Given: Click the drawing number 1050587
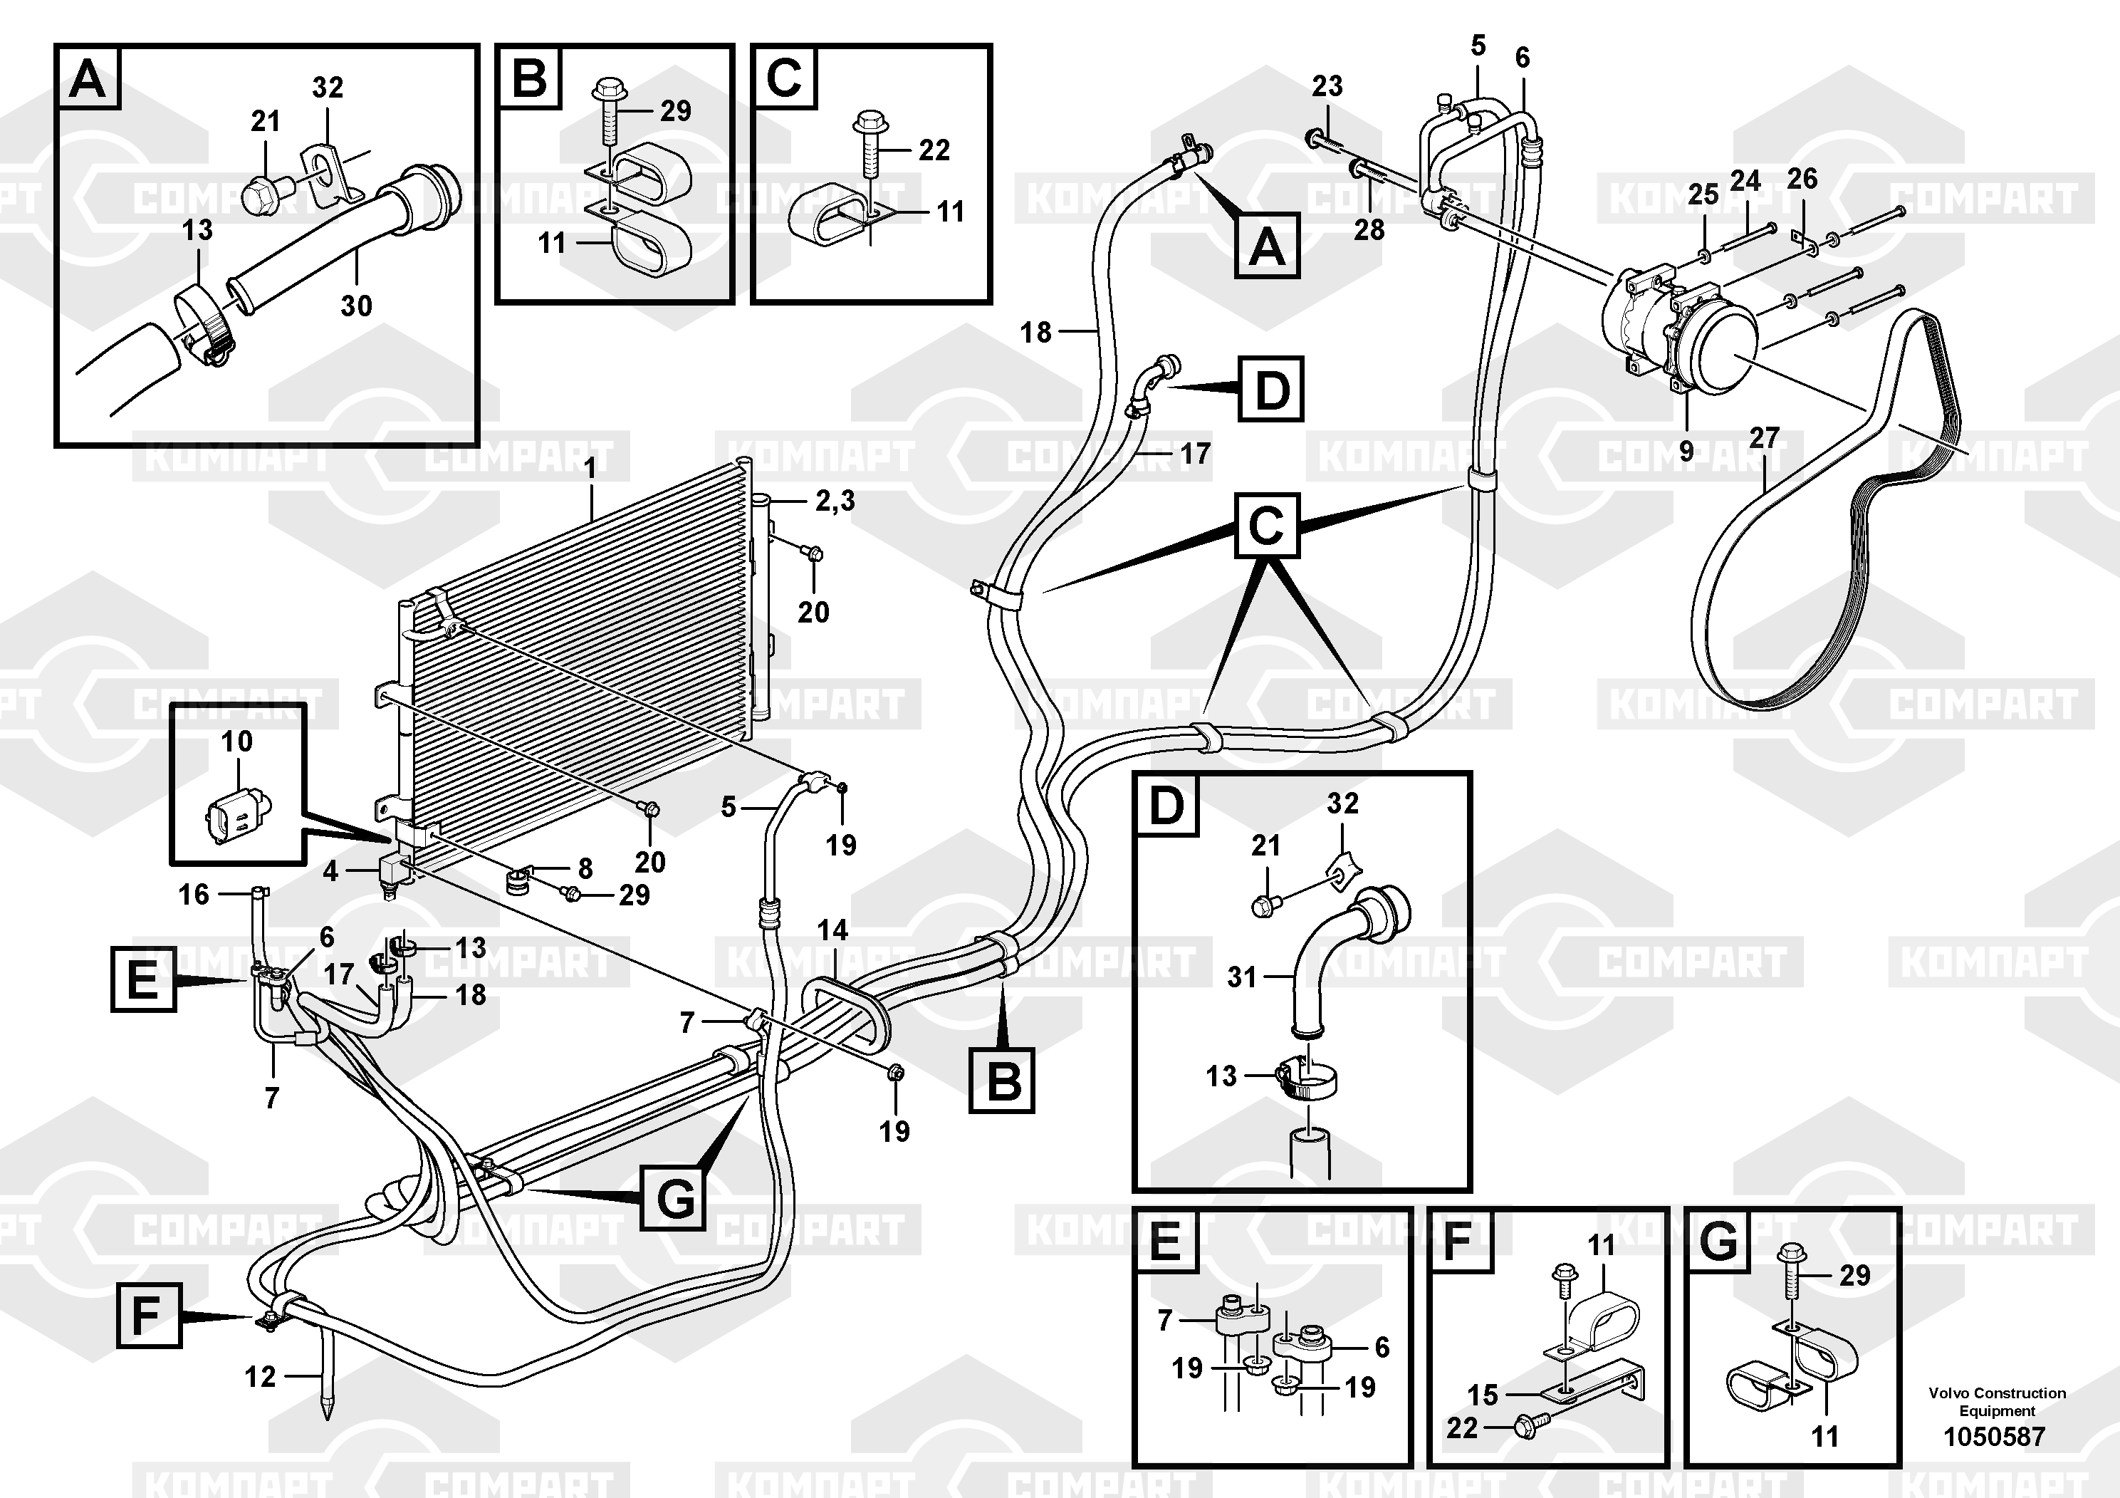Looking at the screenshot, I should (x=1995, y=1436).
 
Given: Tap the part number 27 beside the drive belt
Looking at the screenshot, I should (x=1764, y=438).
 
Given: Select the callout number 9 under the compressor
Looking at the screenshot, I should (x=1686, y=451).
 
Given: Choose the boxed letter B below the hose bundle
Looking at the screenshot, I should (x=1002, y=1080).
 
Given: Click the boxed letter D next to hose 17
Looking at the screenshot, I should (x=1271, y=389).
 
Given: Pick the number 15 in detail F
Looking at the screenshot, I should (x=1482, y=1395).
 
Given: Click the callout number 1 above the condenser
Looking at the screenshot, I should (x=590, y=468).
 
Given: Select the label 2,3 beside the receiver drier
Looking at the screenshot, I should (x=835, y=501).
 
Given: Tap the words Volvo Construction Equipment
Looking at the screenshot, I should (x=1996, y=1401).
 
